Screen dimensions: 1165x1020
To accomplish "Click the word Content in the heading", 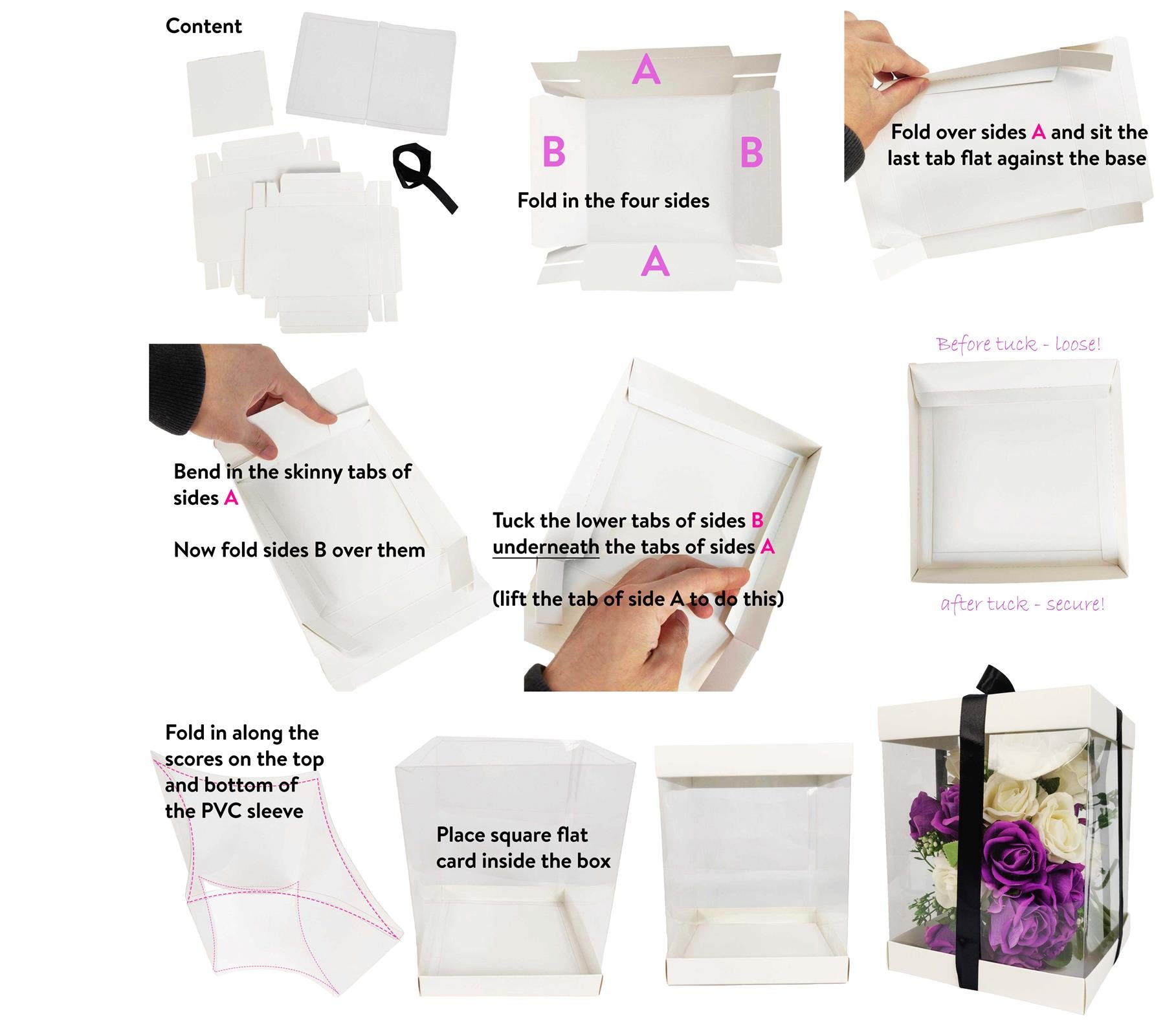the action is click(203, 26).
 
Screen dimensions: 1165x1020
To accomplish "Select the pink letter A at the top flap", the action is click(646, 69).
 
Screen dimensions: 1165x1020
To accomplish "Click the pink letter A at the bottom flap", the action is click(655, 261).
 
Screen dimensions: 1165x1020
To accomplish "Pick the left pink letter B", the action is click(554, 152).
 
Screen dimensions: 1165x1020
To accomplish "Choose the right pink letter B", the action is click(751, 153).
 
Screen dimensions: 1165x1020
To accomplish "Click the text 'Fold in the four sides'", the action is click(613, 201).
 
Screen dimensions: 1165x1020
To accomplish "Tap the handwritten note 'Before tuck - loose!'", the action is click(1018, 344).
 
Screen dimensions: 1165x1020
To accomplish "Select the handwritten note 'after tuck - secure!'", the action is click(1022, 604).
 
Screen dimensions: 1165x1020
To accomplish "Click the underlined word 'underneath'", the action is click(546, 547).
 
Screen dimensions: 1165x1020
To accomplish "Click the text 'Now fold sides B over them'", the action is click(299, 550).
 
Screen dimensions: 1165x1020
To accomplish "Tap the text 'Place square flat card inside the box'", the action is click(523, 848).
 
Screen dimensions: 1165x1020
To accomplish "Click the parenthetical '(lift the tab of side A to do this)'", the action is click(638, 599).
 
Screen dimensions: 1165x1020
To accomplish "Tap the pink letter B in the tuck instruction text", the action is click(757, 520).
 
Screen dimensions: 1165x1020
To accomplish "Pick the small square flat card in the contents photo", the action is click(229, 94).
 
